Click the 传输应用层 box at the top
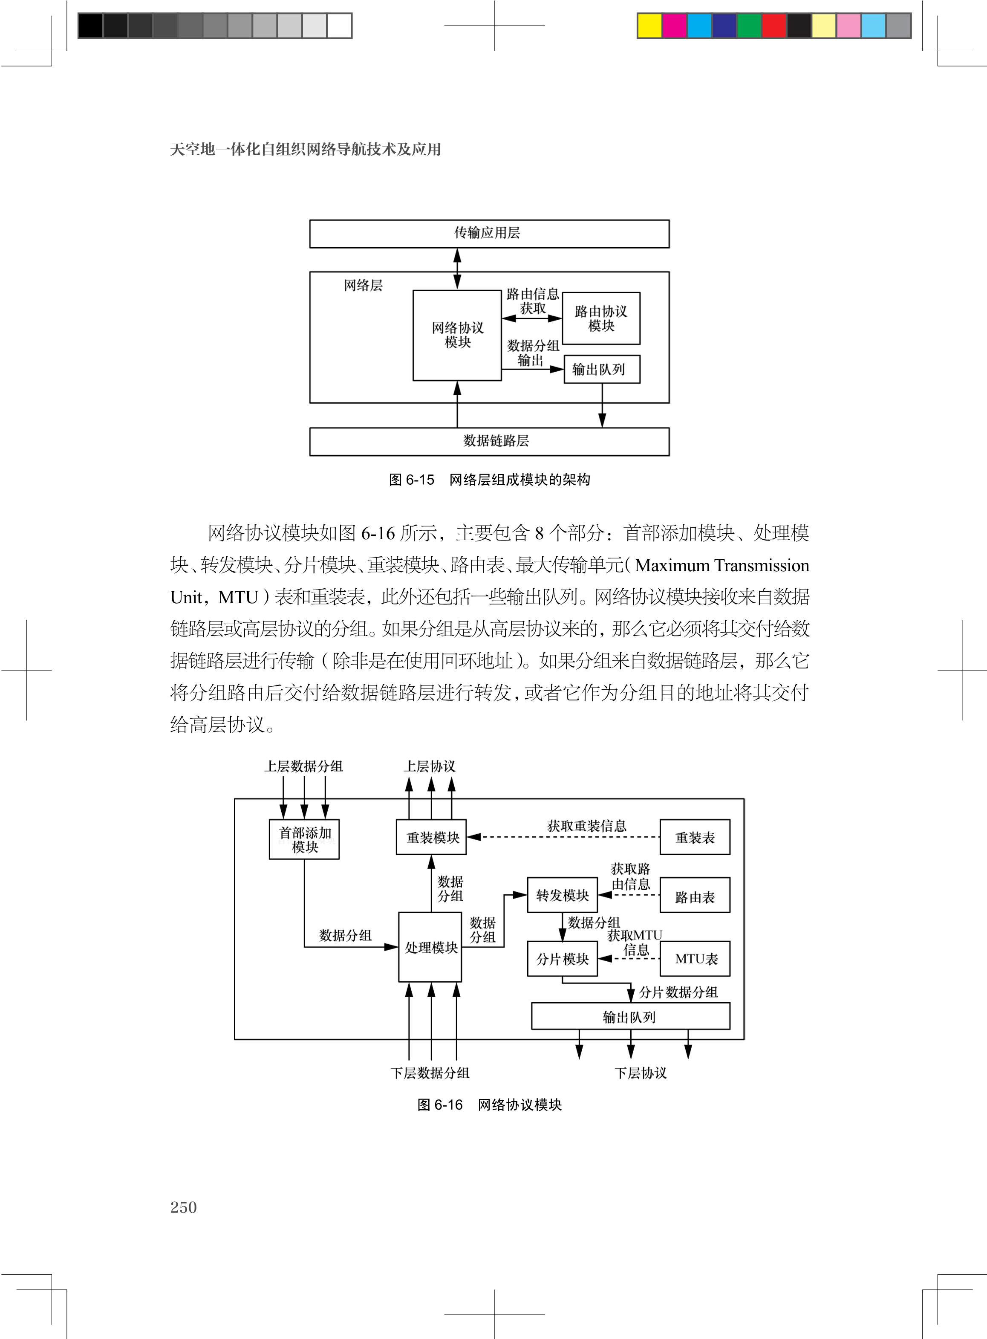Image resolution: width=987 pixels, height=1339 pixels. click(x=489, y=234)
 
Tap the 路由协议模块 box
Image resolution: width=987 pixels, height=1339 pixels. click(x=601, y=318)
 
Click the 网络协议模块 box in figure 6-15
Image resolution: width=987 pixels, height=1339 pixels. click(x=457, y=335)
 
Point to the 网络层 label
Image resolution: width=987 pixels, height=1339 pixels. click(x=363, y=286)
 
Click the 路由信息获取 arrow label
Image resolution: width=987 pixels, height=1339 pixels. click(x=532, y=301)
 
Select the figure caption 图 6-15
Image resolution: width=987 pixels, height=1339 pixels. click(x=489, y=480)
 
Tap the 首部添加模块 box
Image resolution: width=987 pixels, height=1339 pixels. click(x=304, y=839)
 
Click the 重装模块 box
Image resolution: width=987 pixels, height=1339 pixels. click(x=431, y=838)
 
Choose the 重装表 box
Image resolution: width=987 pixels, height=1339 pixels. click(x=694, y=838)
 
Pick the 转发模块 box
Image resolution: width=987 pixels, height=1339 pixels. click(x=562, y=895)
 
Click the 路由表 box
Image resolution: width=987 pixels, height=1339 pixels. click(x=694, y=896)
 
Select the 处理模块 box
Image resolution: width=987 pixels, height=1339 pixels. click(x=430, y=947)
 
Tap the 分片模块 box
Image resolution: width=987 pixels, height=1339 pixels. click(x=562, y=959)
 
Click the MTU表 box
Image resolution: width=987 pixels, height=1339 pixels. click(x=694, y=959)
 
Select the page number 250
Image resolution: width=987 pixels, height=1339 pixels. click(x=183, y=1208)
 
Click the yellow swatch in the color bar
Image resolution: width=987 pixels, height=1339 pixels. click(x=649, y=26)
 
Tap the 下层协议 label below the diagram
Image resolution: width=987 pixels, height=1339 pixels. click(x=641, y=1073)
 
